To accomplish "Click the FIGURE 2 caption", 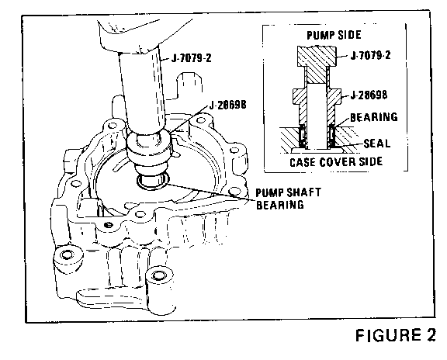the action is coord(396,335).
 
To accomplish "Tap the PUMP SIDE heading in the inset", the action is coord(334,35).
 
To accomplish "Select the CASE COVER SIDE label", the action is coord(336,162).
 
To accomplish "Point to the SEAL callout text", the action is coord(377,143).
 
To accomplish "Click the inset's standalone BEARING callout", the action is coord(374,117).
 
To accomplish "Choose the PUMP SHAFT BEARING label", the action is coord(288,199).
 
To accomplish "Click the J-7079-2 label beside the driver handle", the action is coord(191,58).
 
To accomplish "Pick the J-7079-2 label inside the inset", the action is coord(370,55).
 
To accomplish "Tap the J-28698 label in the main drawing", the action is coord(228,106).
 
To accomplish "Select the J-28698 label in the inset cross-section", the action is coord(369,95).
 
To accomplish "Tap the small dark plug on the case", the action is coord(109,225).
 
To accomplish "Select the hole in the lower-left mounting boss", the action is coord(67,254).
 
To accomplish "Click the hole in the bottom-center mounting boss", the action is coord(158,275).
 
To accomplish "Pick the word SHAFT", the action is coord(304,192).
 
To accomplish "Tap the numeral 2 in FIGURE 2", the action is coord(430,335).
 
